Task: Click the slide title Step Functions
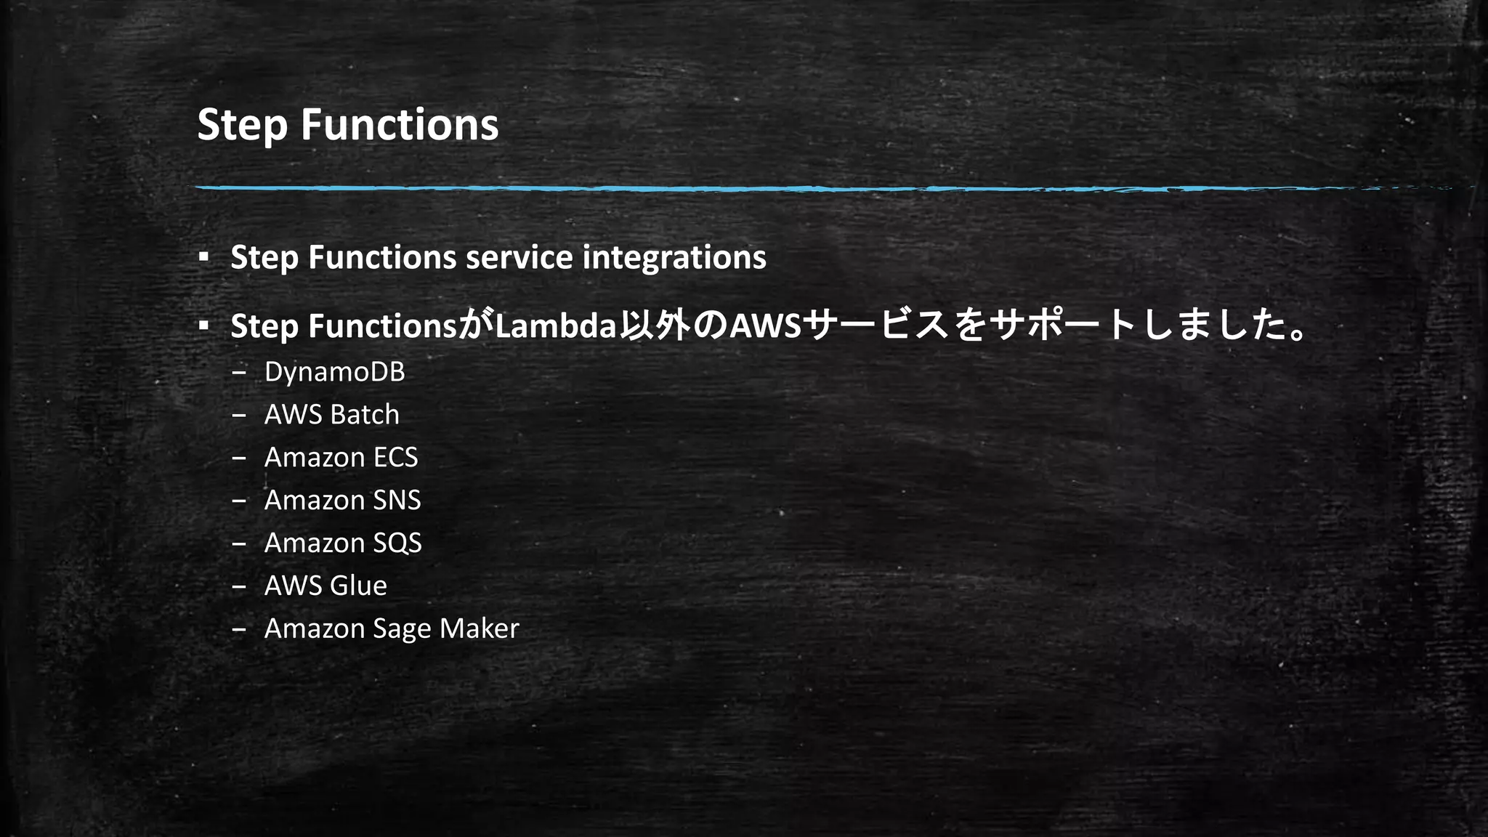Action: (x=347, y=124)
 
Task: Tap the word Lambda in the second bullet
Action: (x=556, y=326)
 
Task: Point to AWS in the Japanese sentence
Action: (x=764, y=326)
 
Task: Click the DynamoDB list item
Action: (x=334, y=372)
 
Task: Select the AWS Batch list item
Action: (x=331, y=415)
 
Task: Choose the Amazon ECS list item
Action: (x=341, y=458)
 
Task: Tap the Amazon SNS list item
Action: (x=342, y=501)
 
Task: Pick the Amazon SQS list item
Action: (x=343, y=543)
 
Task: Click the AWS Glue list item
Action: (x=325, y=586)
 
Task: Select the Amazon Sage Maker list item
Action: (x=392, y=628)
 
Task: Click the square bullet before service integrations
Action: (x=204, y=256)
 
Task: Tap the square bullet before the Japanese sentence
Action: (x=204, y=325)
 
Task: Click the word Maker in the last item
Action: (x=479, y=628)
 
